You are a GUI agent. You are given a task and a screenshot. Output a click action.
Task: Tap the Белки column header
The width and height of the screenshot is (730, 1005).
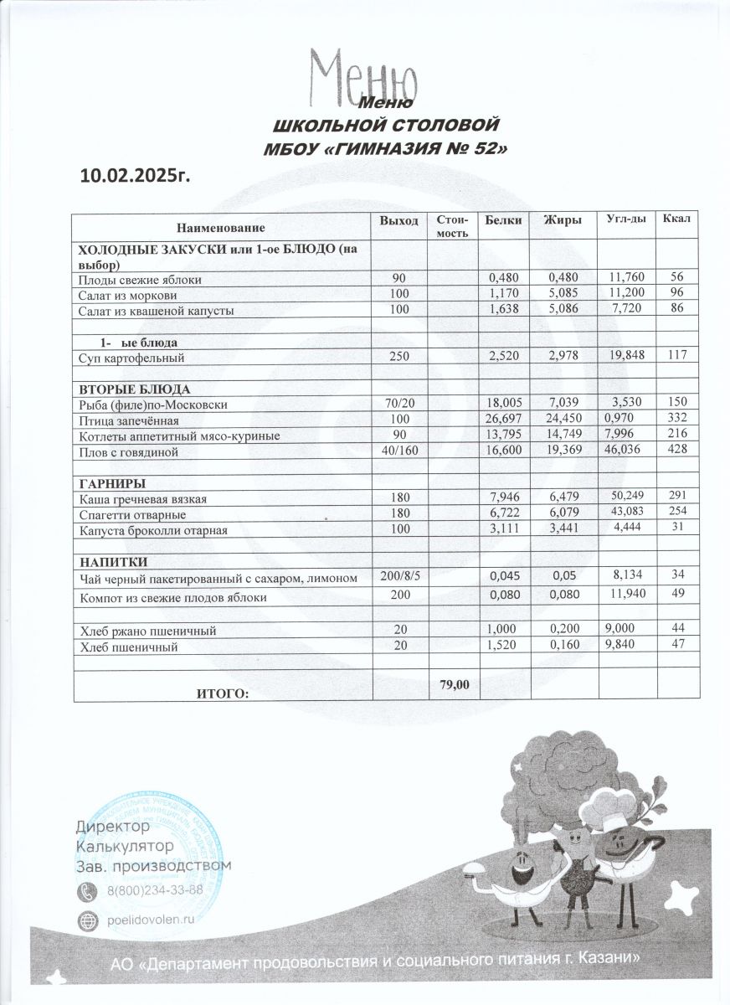pos(502,219)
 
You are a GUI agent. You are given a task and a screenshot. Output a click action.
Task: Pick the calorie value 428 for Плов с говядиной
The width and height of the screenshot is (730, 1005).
pos(676,451)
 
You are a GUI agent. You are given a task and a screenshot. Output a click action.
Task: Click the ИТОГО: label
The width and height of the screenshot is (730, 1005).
pos(223,693)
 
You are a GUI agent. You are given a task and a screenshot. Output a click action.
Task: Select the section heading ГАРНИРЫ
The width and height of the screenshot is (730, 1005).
pos(113,484)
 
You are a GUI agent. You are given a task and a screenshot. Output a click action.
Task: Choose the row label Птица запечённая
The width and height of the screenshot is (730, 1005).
pos(129,420)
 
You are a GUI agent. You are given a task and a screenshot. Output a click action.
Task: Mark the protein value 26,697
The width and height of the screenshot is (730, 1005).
pos(505,419)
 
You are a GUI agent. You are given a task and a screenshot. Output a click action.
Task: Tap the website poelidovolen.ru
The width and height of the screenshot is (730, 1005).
pos(150,918)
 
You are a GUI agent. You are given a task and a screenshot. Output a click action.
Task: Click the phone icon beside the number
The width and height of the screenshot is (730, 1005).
pos(87,890)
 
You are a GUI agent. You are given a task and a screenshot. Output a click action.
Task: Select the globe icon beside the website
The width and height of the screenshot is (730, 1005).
pos(87,919)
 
